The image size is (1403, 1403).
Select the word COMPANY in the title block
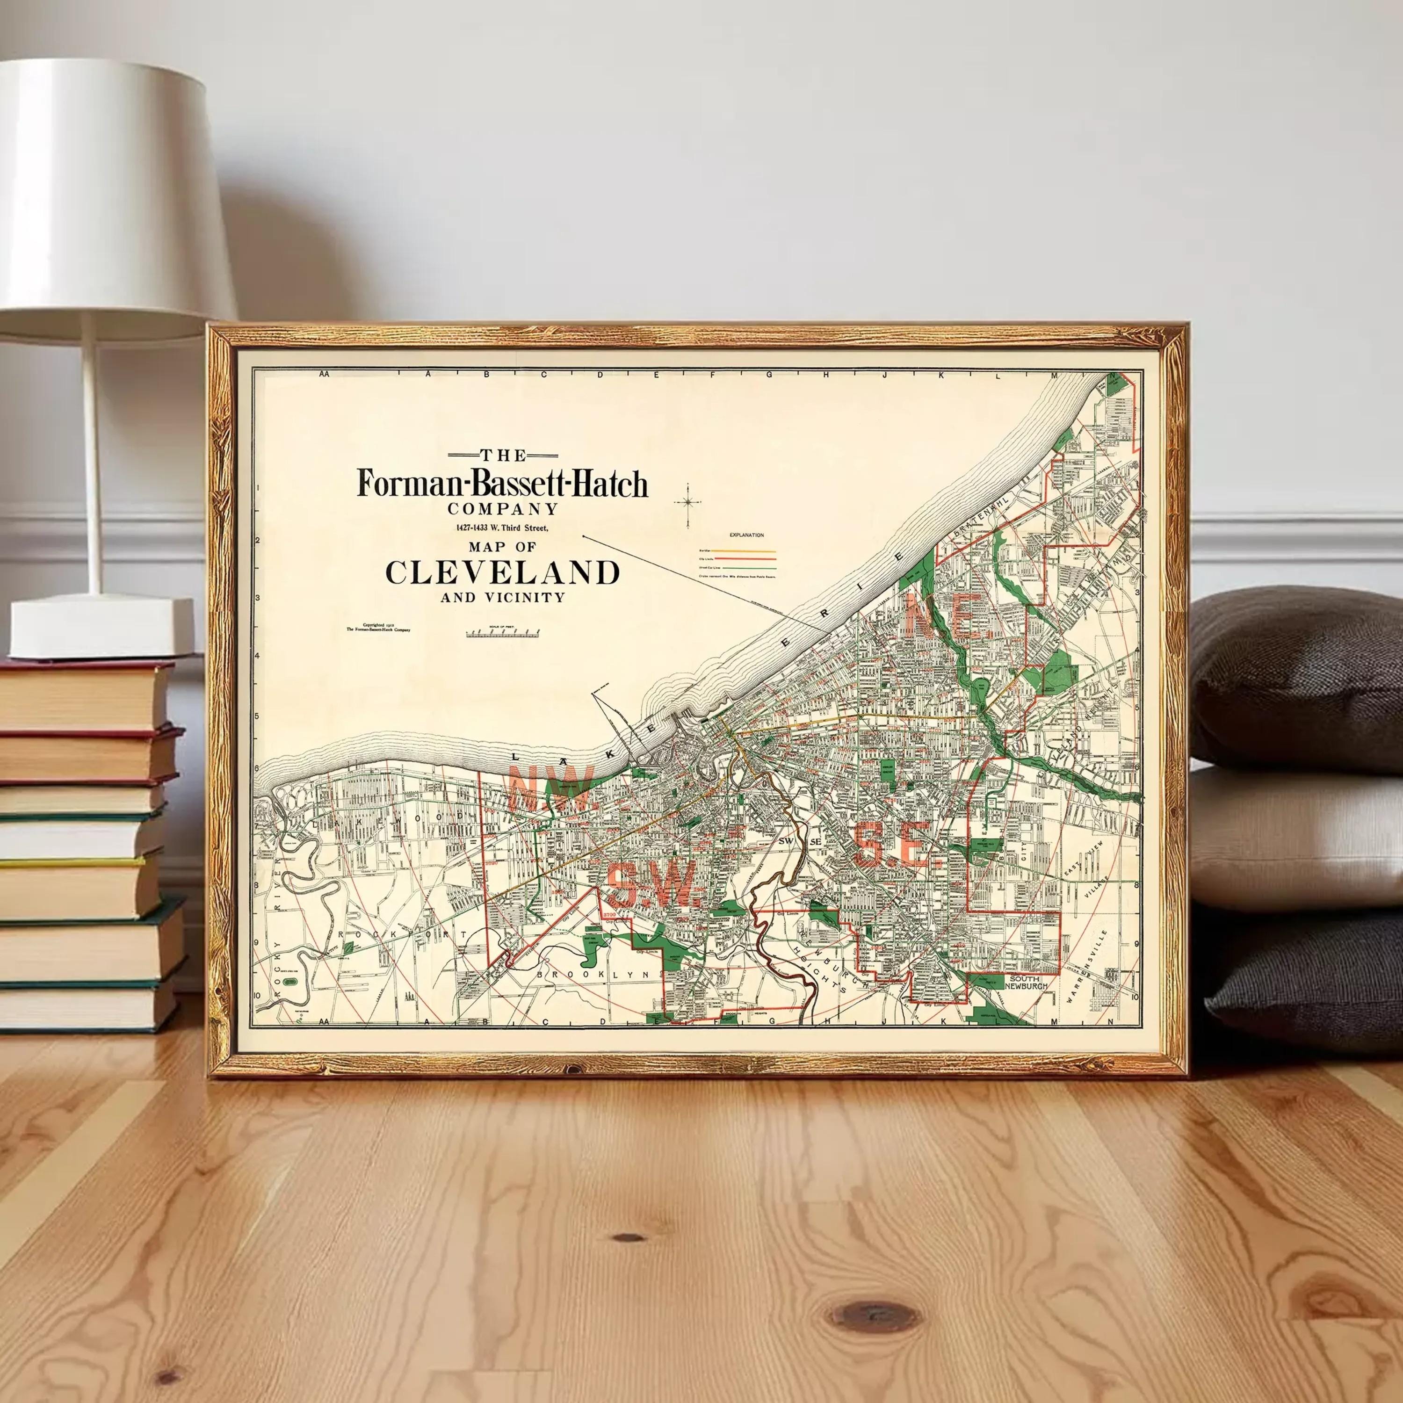[x=503, y=509]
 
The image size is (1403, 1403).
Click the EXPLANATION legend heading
[x=746, y=535]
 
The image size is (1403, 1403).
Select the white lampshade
[x=109, y=196]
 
